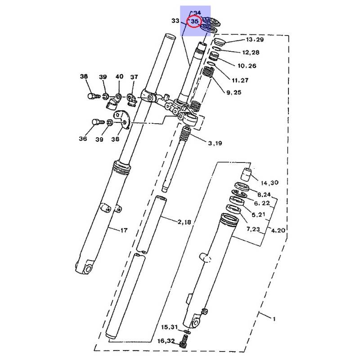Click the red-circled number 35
[x=194, y=21]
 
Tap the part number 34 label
[x=197, y=13]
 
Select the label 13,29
[x=255, y=40]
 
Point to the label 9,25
[x=234, y=92]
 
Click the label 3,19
[x=215, y=143]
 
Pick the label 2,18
[x=184, y=222]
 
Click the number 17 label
[x=124, y=230]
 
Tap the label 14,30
[x=270, y=183]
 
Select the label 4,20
[x=278, y=230]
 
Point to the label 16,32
[x=166, y=341]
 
